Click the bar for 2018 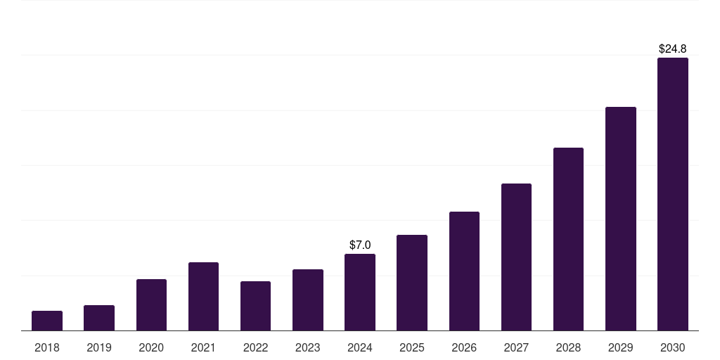(47, 321)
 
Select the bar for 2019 (99, 318)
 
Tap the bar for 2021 (203, 296)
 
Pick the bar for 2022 (255, 306)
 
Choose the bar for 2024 (360, 292)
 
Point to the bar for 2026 (464, 271)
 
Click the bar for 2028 (568, 239)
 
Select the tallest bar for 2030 (673, 194)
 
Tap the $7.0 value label (360, 245)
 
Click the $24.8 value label (673, 49)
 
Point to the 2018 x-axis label (47, 347)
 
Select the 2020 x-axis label (151, 347)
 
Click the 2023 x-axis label (308, 347)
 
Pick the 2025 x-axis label (412, 347)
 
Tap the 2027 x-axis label (516, 347)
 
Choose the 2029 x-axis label (621, 347)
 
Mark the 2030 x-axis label (673, 347)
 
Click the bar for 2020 (151, 304)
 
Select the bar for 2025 (412, 283)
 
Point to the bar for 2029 (621, 219)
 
